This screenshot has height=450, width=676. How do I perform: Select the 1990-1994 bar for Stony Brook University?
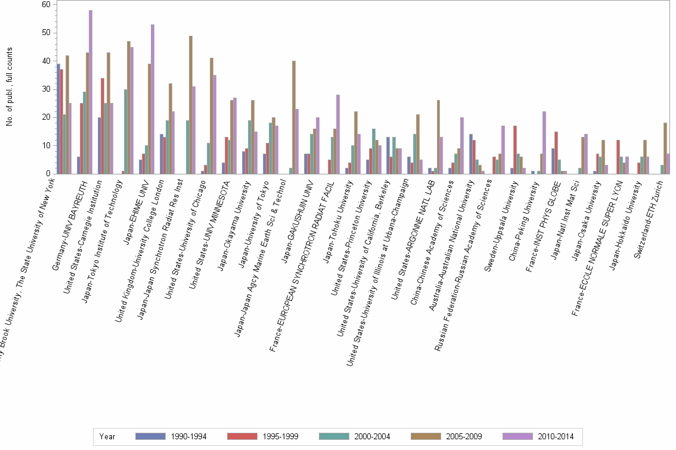point(58,119)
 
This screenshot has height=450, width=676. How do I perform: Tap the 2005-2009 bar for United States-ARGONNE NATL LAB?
point(438,137)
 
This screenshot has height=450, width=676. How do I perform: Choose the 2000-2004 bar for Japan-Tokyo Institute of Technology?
point(126,132)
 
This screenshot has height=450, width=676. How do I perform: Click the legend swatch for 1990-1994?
point(151,436)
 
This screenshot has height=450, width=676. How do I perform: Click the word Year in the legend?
point(107,436)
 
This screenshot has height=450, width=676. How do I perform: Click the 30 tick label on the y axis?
point(45,89)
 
